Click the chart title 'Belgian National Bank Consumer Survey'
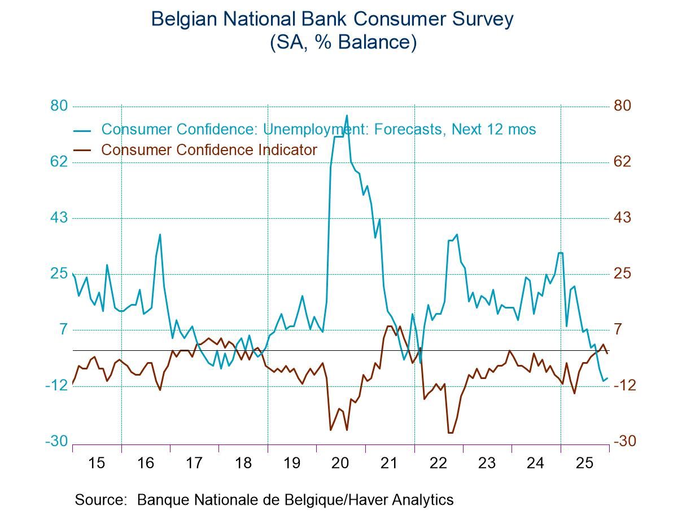pyautogui.click(x=333, y=19)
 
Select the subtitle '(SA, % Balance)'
pyautogui.click(x=343, y=43)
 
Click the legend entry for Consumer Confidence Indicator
pyautogui.click(x=208, y=150)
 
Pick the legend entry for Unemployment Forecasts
pyautogui.click(x=318, y=129)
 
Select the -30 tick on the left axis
pyautogui.click(x=57, y=441)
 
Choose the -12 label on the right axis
pyautogui.click(x=624, y=385)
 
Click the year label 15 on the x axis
pyautogui.click(x=97, y=463)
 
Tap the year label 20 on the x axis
pyautogui.click(x=340, y=463)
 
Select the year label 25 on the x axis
pyautogui.click(x=584, y=463)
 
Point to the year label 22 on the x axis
pyautogui.click(x=438, y=463)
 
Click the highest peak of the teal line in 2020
pyautogui.click(x=347, y=116)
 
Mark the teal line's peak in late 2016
pyautogui.click(x=160, y=235)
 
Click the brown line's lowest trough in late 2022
pyautogui.click(x=450, y=433)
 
